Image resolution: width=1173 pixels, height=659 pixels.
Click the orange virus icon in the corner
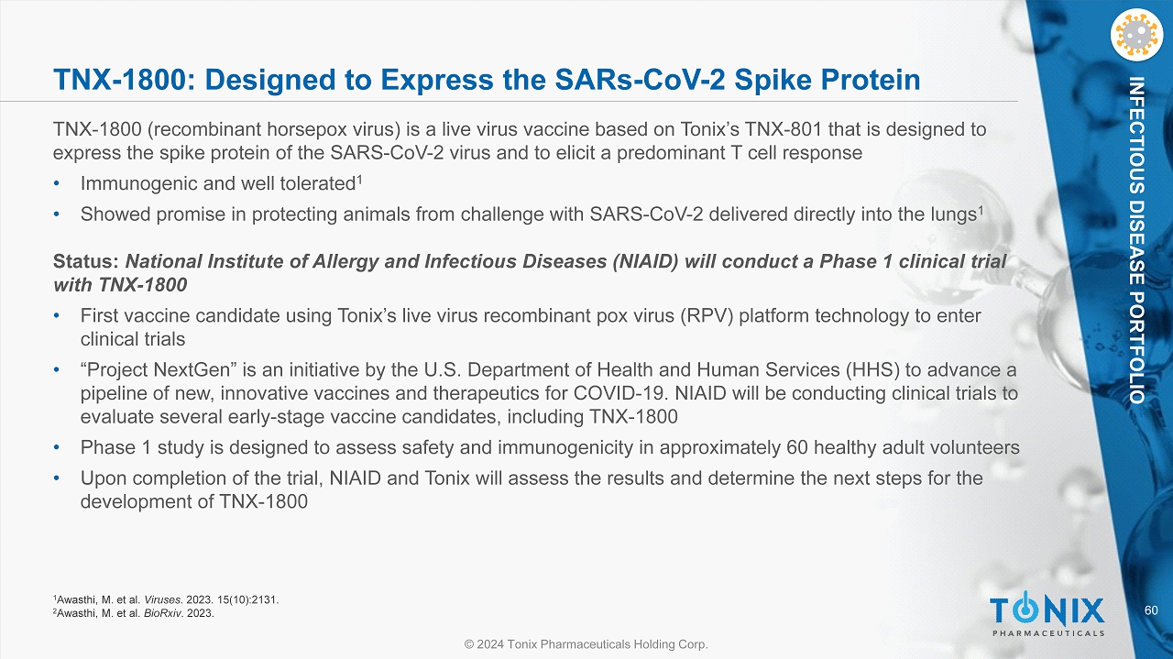click(1136, 36)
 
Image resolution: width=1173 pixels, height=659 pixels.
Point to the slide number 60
click(1151, 610)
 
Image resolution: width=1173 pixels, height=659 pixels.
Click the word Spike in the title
click(773, 80)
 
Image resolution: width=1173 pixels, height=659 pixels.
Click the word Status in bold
click(86, 261)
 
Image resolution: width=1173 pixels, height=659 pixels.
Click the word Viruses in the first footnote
click(163, 599)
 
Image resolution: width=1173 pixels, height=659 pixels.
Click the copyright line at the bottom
click(586, 644)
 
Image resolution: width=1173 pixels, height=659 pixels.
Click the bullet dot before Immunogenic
click(57, 184)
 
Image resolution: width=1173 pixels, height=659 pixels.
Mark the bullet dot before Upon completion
click(57, 478)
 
